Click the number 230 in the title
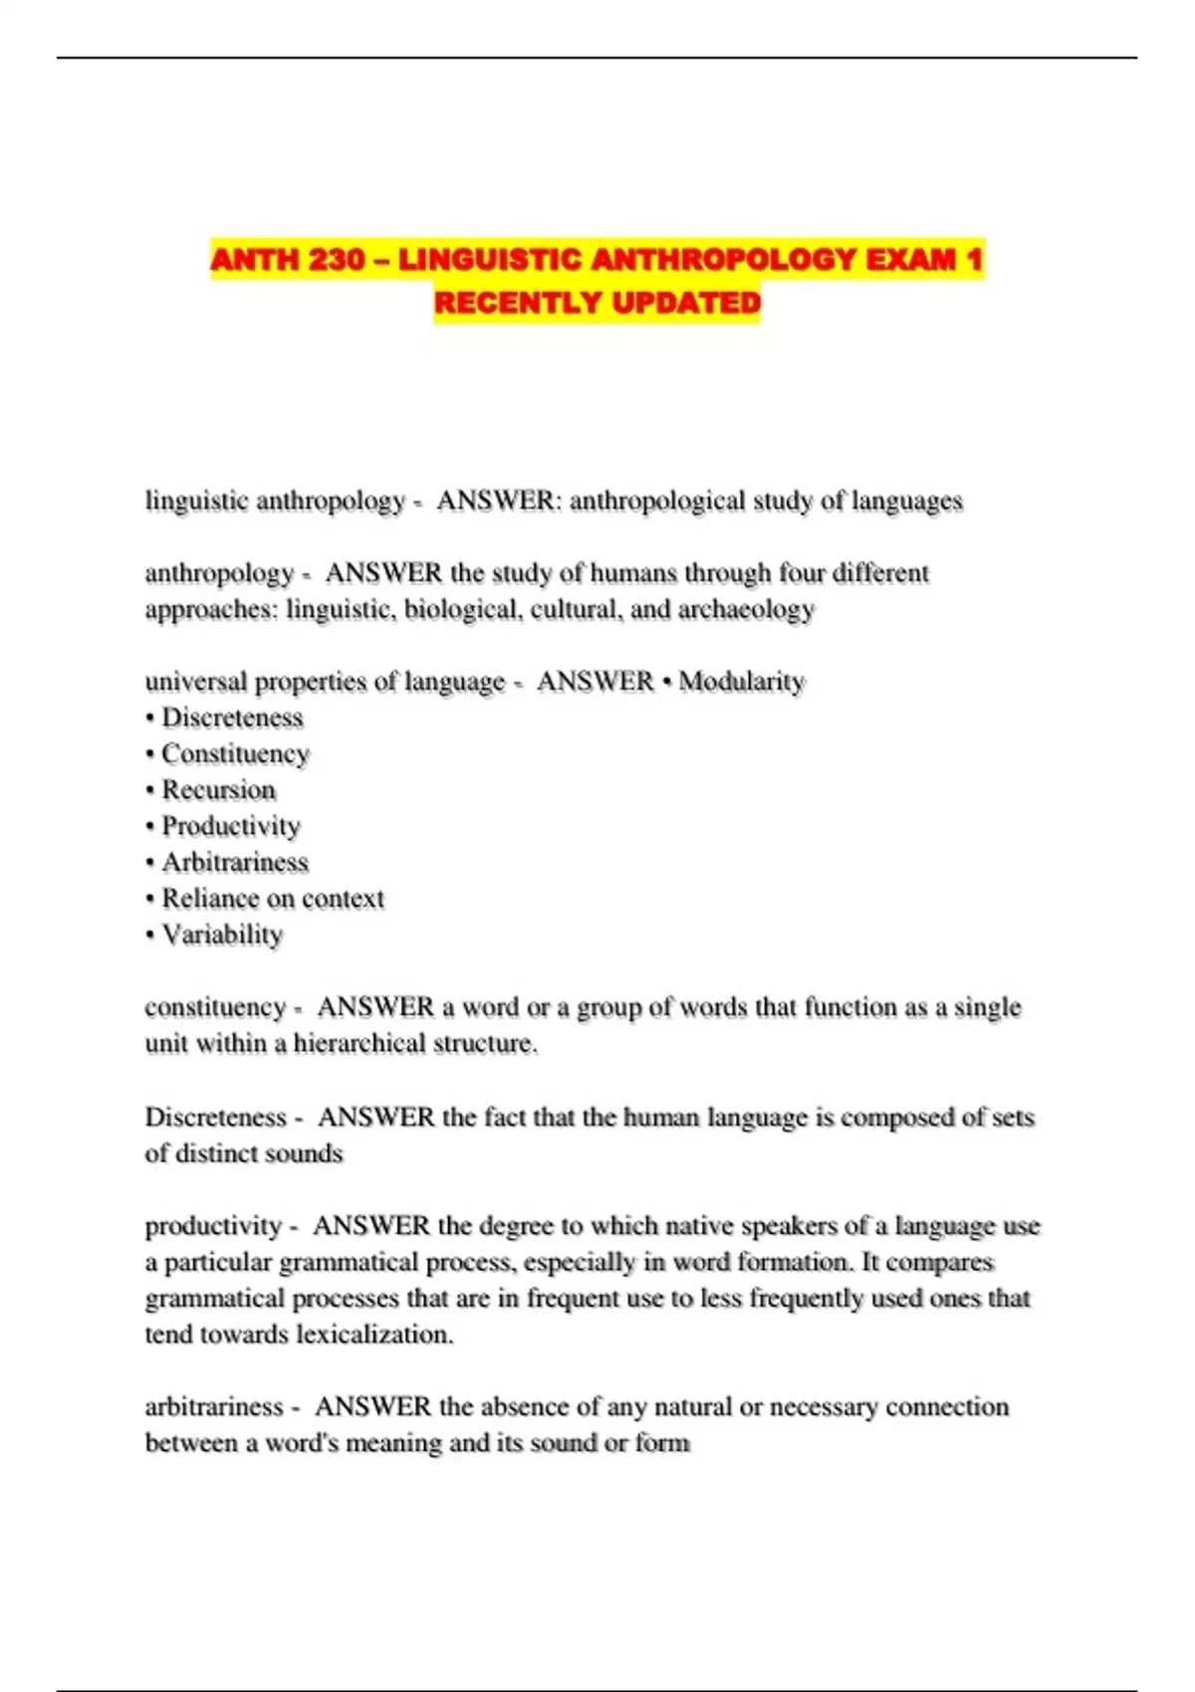coord(337,260)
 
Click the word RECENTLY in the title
coord(518,303)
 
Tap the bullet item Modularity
coord(741,682)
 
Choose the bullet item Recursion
coord(218,790)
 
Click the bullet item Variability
coord(222,935)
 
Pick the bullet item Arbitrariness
coord(235,862)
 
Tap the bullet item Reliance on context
coord(272,899)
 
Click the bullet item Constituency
coord(235,754)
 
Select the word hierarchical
coord(359,1043)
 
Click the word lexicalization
coord(376,1334)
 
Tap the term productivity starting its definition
coord(213,1225)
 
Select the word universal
coord(196,682)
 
